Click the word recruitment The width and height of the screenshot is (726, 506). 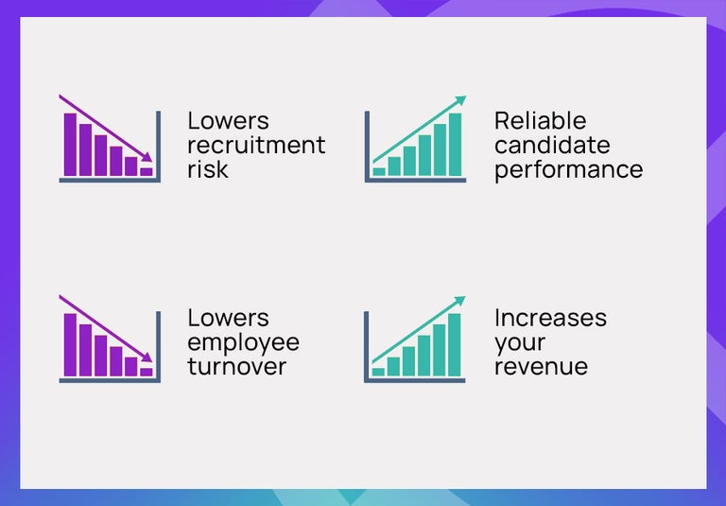click(255, 146)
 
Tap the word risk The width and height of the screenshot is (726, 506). click(207, 169)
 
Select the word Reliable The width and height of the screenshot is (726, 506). click(540, 121)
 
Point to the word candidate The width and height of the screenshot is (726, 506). click(552, 146)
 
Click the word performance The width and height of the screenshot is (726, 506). click(568, 170)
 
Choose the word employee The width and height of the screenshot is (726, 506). click(243, 342)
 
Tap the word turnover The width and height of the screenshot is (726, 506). click(236, 366)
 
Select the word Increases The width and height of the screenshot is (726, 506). click(550, 318)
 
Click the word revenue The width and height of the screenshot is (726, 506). click(541, 366)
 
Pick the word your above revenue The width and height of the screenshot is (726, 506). click(520, 342)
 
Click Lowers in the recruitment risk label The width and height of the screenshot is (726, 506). click(228, 121)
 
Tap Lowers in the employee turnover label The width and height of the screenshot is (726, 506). click(228, 318)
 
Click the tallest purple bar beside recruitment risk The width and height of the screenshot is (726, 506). click(70, 144)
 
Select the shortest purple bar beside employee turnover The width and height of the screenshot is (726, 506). click(146, 372)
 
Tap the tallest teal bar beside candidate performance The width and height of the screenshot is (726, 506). click(455, 144)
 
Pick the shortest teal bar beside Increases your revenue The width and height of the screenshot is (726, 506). click(378, 372)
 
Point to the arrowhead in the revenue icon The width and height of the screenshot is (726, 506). click(460, 301)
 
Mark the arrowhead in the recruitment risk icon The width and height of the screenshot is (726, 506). click(147, 157)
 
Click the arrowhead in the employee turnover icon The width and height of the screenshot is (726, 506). click(147, 358)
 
